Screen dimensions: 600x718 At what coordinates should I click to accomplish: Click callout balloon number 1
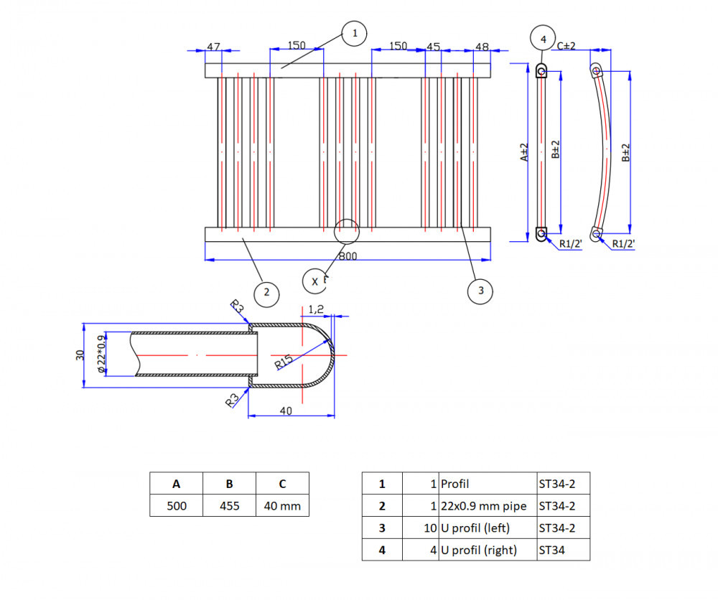pyautogui.click(x=354, y=33)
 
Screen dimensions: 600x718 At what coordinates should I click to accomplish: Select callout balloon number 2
pyautogui.click(x=266, y=292)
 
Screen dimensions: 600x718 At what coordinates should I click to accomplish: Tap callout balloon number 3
pyautogui.click(x=480, y=291)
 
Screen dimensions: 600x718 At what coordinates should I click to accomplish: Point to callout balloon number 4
pyautogui.click(x=543, y=39)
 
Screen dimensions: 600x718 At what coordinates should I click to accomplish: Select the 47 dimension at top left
pyautogui.click(x=213, y=47)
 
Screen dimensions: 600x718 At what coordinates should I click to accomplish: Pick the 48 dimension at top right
pyautogui.click(x=482, y=47)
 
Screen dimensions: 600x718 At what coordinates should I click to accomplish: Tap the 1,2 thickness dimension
pyautogui.click(x=316, y=309)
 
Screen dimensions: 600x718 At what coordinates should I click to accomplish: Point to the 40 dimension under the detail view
pyautogui.click(x=286, y=411)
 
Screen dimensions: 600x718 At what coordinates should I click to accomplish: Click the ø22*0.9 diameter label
pyautogui.click(x=101, y=354)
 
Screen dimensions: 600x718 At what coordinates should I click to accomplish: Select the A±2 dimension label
pyautogui.click(x=525, y=152)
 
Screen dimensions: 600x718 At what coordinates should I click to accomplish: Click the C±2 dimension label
pyautogui.click(x=567, y=45)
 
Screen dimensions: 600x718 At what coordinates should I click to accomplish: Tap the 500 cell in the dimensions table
pyautogui.click(x=177, y=506)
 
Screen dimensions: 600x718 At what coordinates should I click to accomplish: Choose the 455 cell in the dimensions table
pyautogui.click(x=230, y=506)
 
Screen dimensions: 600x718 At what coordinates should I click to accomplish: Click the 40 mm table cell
pyautogui.click(x=282, y=506)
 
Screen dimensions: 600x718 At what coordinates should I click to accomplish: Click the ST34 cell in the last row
pyautogui.click(x=563, y=550)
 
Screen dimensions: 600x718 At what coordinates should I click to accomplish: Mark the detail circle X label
pyautogui.click(x=315, y=281)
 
